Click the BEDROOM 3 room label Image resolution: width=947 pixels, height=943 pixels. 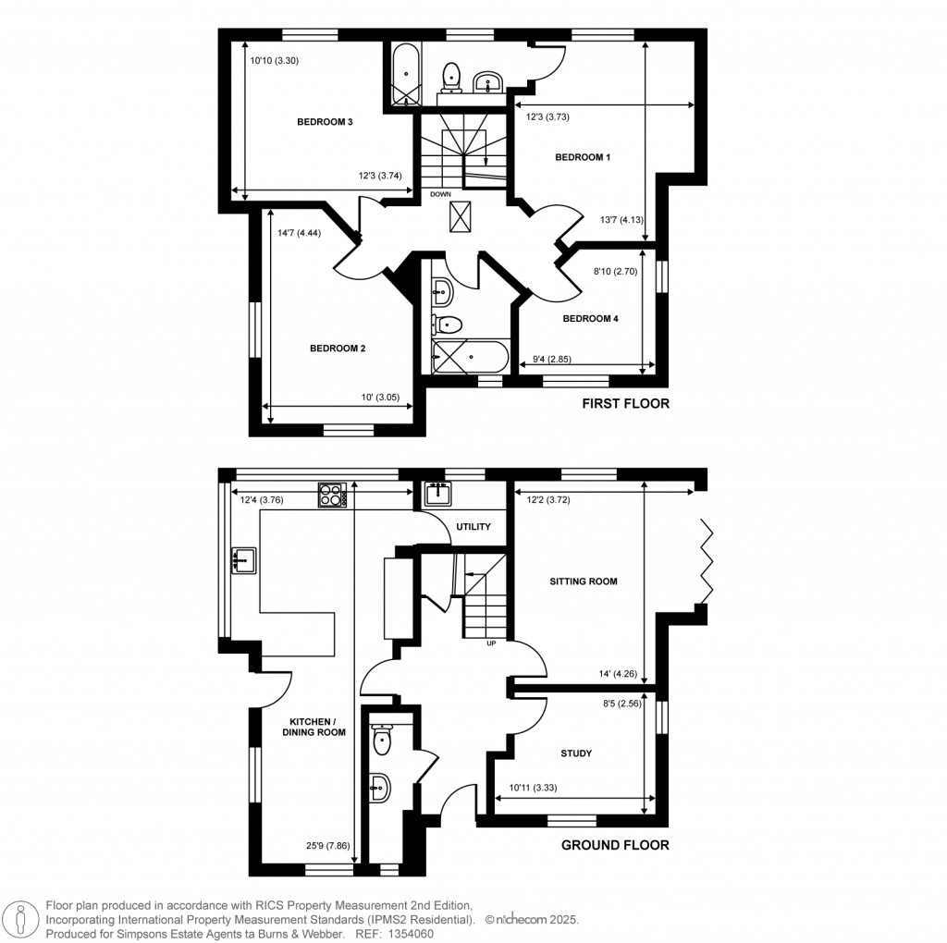pyautogui.click(x=325, y=122)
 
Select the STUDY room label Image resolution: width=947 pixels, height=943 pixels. pyautogui.click(x=575, y=753)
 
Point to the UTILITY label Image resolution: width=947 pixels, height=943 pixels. pyautogui.click(x=473, y=527)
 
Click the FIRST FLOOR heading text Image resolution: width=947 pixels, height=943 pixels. pyautogui.click(x=624, y=404)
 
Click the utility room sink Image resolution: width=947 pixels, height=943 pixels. pyautogui.click(x=437, y=496)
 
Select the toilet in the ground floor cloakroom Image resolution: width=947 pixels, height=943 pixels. pyautogui.click(x=383, y=739)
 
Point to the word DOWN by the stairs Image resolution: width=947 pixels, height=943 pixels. pyautogui.click(x=440, y=194)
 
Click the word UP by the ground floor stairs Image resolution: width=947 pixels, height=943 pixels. pyautogui.click(x=491, y=644)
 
